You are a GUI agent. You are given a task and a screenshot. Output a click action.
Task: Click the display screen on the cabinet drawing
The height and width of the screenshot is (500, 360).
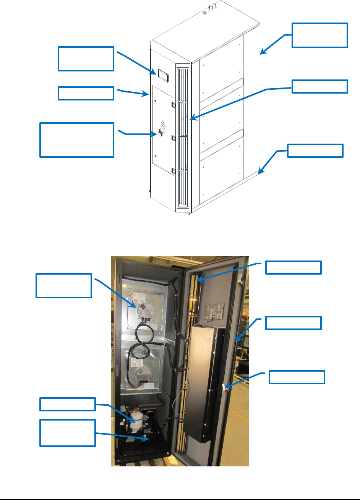(162, 74)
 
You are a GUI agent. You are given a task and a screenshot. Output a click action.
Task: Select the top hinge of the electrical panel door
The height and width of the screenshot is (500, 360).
(173, 104)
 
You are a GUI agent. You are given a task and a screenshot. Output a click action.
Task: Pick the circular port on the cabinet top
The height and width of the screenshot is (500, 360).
(205, 12)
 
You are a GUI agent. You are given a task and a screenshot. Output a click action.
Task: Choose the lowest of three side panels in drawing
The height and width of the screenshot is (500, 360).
(222, 168)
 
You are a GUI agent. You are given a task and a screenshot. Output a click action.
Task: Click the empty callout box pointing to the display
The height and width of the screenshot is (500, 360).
(86, 59)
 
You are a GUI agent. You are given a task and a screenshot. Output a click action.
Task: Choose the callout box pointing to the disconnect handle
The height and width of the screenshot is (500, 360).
(77, 140)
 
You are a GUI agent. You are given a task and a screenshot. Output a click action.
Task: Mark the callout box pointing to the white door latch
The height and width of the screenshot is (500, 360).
(297, 377)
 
